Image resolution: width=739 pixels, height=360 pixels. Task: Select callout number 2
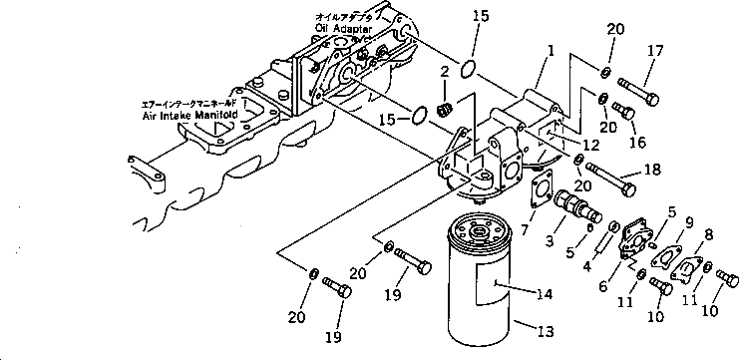pos(446,70)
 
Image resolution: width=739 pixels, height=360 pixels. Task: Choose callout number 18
pos(652,170)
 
